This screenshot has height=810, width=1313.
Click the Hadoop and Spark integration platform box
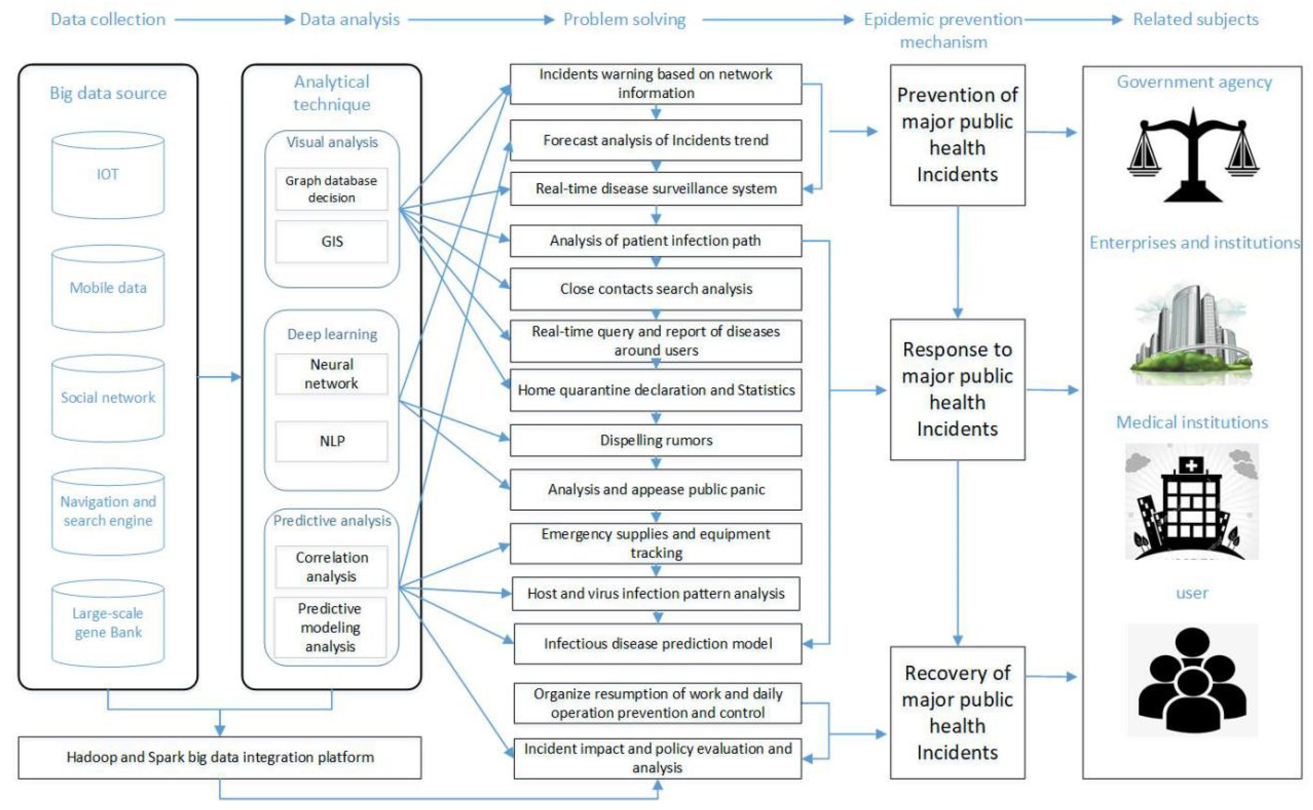tap(220, 757)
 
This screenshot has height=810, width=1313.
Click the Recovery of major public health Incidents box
tap(957, 712)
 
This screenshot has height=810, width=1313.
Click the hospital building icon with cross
tap(1191, 502)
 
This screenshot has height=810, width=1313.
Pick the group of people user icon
tap(1191, 680)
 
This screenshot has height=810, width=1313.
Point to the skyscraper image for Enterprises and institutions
tap(1191, 335)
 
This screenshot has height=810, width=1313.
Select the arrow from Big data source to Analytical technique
tap(219, 377)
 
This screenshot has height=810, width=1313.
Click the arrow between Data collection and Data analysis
tap(234, 20)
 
